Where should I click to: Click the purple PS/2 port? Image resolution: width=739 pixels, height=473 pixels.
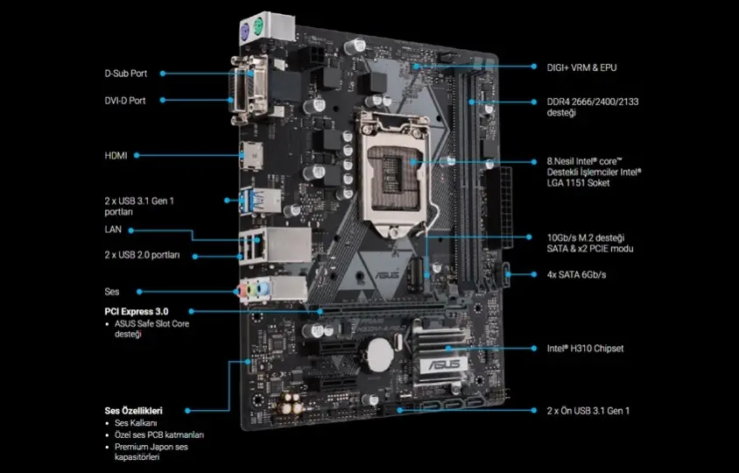pos(244,33)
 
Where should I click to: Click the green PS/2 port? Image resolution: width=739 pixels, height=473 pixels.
pos(257,26)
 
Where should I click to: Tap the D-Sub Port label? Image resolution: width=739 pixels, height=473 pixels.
pos(126,74)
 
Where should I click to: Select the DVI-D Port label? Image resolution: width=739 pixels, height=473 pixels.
pos(125,101)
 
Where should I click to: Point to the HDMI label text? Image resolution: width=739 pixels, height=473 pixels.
pos(116,156)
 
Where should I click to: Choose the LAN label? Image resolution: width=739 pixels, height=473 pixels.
pos(113,229)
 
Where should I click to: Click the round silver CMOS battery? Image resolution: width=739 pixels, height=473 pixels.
pos(381,355)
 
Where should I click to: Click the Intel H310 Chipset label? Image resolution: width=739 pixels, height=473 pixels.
pos(585,349)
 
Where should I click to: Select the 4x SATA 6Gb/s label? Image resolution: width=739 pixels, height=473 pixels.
pos(576,274)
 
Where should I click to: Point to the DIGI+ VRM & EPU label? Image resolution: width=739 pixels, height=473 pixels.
pos(581,67)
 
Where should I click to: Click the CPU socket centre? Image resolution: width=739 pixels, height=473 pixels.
pos(394,177)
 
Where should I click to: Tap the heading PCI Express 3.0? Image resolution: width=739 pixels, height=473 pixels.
pos(137,312)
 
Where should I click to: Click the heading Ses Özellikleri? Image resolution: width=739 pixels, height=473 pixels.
pos(133,411)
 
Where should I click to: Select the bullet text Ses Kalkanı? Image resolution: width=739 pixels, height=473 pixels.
pos(136,423)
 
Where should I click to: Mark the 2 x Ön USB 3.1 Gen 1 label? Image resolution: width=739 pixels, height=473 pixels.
pos(588,411)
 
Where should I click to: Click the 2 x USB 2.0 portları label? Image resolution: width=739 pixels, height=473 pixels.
pos(142,255)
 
